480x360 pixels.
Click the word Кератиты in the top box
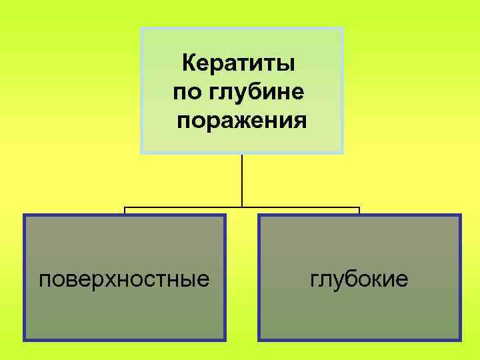(x=239, y=65)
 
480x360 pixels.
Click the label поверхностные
(x=123, y=279)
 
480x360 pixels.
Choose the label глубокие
(x=359, y=279)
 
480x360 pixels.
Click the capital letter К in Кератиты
(x=189, y=65)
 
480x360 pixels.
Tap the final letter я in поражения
(x=301, y=123)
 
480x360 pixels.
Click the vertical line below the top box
(x=242, y=180)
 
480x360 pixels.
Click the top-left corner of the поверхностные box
(x=25, y=215)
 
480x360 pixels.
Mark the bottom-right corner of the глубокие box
(x=459, y=340)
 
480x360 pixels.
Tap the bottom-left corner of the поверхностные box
(x=25, y=340)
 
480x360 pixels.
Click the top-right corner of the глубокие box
(x=459, y=215)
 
